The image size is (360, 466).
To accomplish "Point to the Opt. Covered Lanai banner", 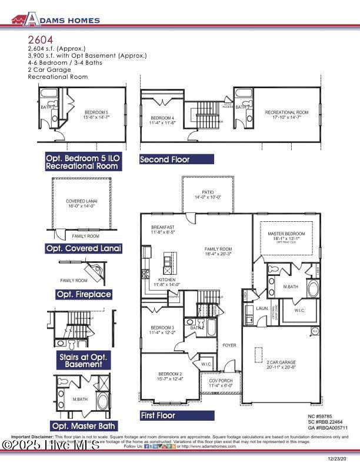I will pos(84,249).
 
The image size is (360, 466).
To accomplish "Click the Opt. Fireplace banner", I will pos(84,294).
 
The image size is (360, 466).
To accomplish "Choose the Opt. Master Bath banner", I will pos(84,425).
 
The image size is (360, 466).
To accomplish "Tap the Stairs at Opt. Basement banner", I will pos(84,361).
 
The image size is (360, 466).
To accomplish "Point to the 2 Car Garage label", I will pos(281,362).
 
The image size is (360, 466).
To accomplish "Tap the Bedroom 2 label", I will pos(170,374).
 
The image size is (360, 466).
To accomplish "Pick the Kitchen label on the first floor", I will pos(166,280).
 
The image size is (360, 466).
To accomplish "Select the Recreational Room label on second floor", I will pos(286,112).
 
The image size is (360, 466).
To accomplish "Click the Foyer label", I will pos(229,345).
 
